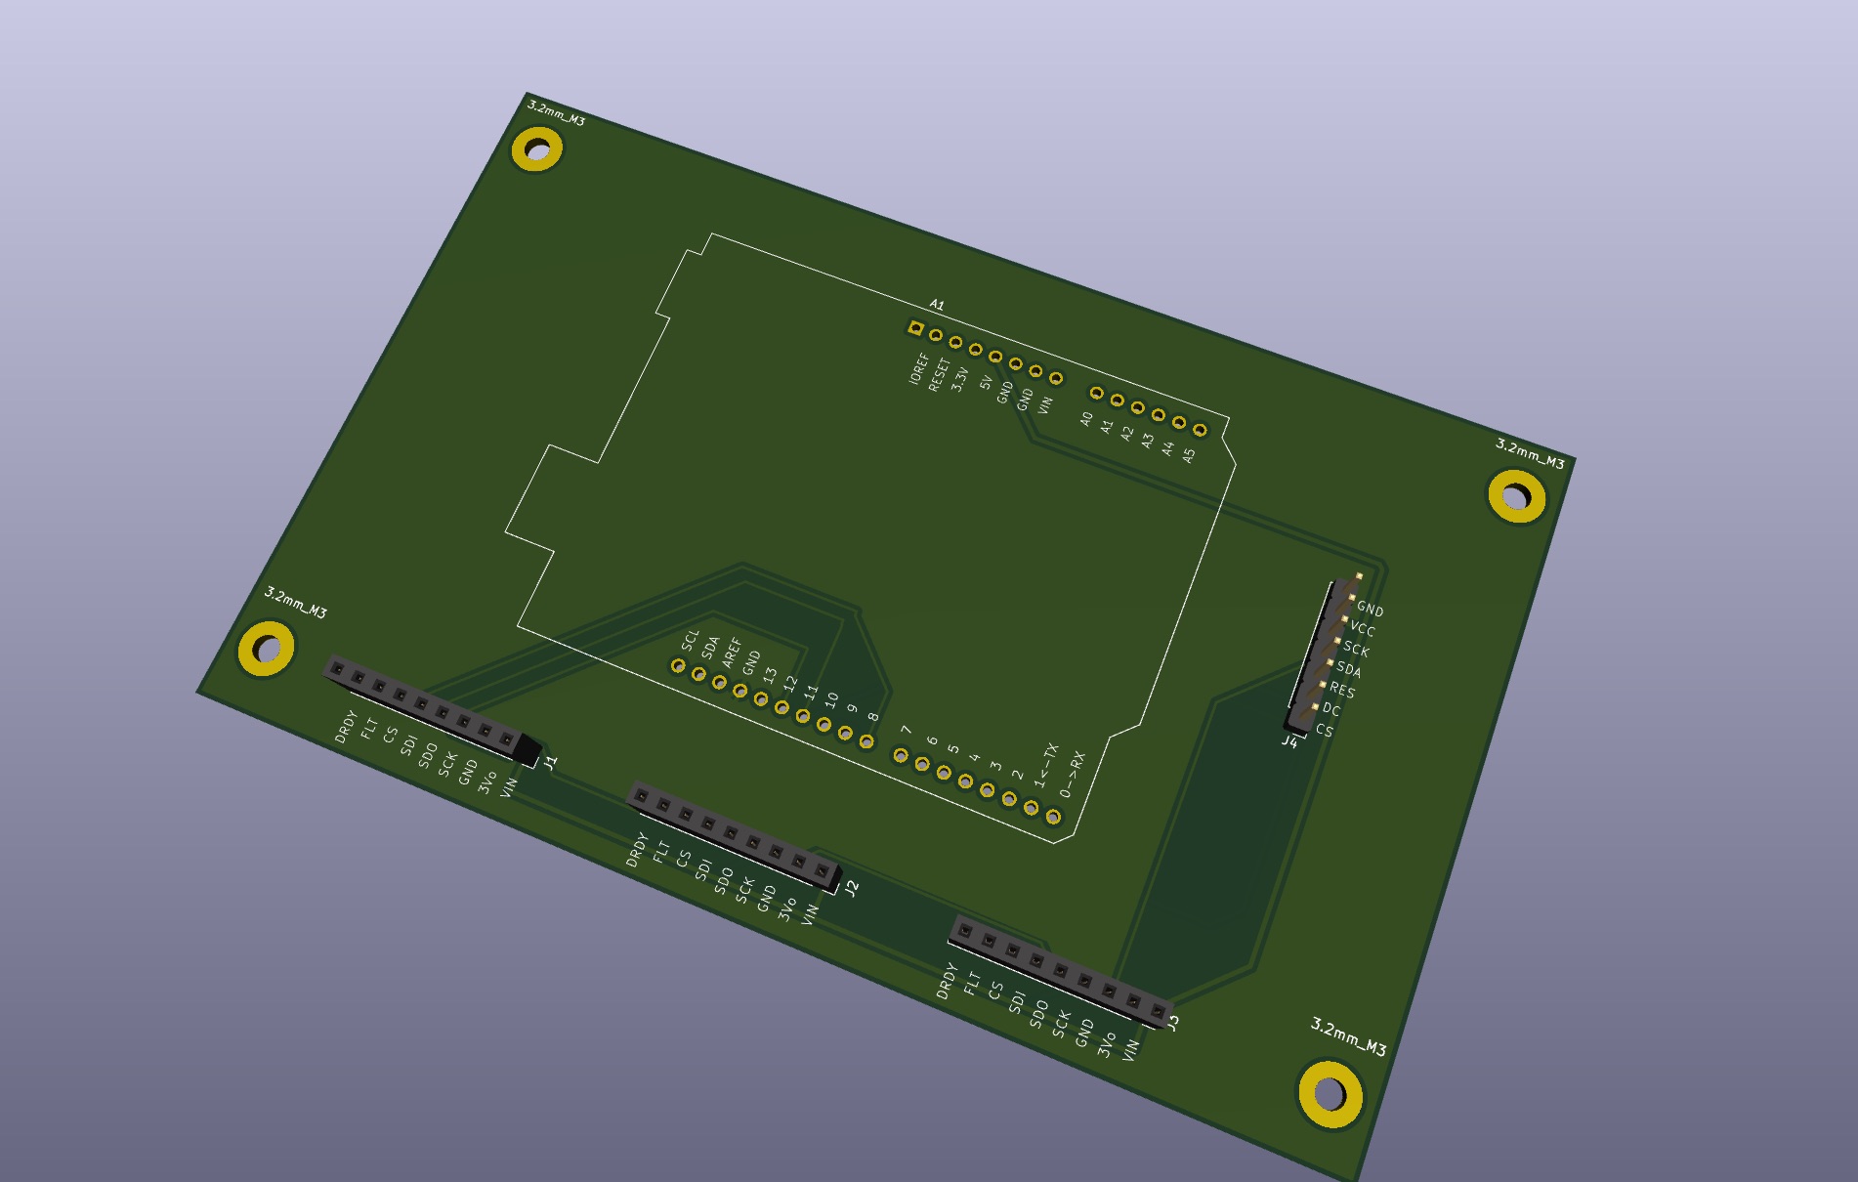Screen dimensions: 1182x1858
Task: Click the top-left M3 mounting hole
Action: click(536, 150)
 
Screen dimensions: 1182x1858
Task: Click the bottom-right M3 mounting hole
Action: click(1330, 1094)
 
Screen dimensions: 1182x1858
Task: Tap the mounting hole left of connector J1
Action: click(266, 648)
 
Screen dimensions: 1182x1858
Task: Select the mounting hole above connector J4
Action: click(1516, 496)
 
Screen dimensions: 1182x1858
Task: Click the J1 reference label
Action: click(551, 762)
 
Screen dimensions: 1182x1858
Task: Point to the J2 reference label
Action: click(852, 888)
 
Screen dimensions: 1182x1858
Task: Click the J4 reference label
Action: click(1289, 742)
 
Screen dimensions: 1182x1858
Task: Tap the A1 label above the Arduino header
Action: click(937, 306)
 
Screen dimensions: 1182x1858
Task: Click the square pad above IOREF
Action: click(915, 329)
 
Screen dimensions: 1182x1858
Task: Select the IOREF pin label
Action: click(918, 369)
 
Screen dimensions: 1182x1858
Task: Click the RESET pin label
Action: click(939, 375)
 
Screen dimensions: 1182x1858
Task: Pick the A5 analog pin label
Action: click(1189, 454)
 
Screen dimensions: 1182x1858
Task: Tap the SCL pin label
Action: click(691, 641)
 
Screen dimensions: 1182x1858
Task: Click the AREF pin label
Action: click(732, 653)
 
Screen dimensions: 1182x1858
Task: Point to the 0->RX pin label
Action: click(1073, 775)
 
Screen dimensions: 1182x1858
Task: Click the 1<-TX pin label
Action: click(1046, 765)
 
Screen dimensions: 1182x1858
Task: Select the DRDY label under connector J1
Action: click(345, 727)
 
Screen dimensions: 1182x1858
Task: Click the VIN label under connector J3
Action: click(1130, 1051)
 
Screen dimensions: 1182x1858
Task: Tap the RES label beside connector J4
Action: click(1342, 690)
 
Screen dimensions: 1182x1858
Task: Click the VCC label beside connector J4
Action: click(1363, 629)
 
